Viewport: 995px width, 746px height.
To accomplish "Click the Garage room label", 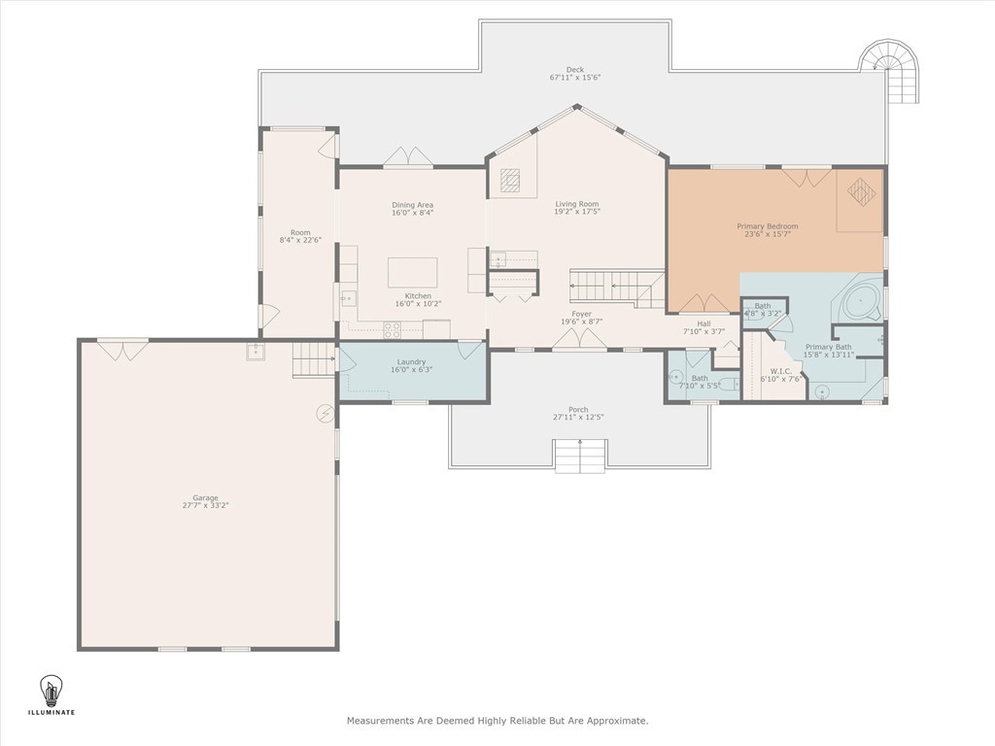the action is [x=205, y=498].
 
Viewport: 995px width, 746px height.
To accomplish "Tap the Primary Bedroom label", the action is [x=768, y=226].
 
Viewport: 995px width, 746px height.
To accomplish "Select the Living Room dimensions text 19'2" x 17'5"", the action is [x=577, y=211].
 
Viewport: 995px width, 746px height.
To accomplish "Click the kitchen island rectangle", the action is [x=412, y=272].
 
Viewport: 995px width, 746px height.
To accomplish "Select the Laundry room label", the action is [x=411, y=362].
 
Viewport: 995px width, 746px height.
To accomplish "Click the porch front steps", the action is [x=581, y=456].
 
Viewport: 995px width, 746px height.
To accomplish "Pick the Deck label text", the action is [x=575, y=70].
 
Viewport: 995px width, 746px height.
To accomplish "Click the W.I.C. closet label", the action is [x=780, y=371].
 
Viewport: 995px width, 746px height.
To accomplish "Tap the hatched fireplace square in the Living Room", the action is [x=509, y=180].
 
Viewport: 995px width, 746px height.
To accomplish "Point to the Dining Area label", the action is [x=412, y=205].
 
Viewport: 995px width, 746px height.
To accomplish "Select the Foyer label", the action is [x=581, y=314].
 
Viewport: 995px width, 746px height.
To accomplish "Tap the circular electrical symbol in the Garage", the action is [x=325, y=413].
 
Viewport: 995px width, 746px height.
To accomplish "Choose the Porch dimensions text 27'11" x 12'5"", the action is [x=578, y=417].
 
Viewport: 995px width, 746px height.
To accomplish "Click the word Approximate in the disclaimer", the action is [x=617, y=721].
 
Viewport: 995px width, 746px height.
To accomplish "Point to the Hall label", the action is [x=703, y=323].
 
